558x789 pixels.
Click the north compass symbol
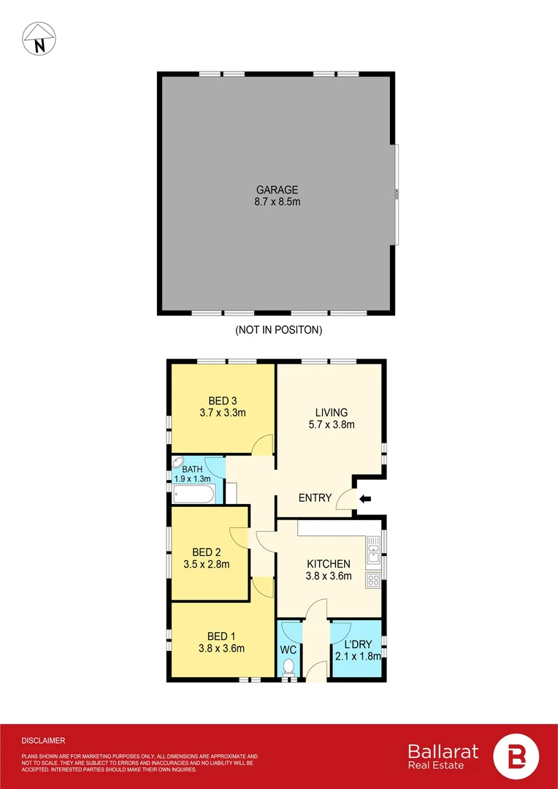(x=38, y=39)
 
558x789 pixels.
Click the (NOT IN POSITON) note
(x=278, y=329)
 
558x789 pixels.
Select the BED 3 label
(x=222, y=400)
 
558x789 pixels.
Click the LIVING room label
(x=331, y=412)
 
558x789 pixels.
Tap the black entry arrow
(x=366, y=499)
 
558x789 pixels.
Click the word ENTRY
(x=315, y=498)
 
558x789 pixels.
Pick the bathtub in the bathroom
(x=194, y=495)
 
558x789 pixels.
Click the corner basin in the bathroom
(x=178, y=463)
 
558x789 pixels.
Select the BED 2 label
(x=206, y=552)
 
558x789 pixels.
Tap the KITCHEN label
(x=328, y=564)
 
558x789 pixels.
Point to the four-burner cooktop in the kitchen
(x=373, y=581)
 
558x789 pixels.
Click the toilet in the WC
(x=289, y=666)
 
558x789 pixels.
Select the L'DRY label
(x=356, y=644)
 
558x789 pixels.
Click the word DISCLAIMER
(x=43, y=740)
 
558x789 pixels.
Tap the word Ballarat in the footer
(x=443, y=751)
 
